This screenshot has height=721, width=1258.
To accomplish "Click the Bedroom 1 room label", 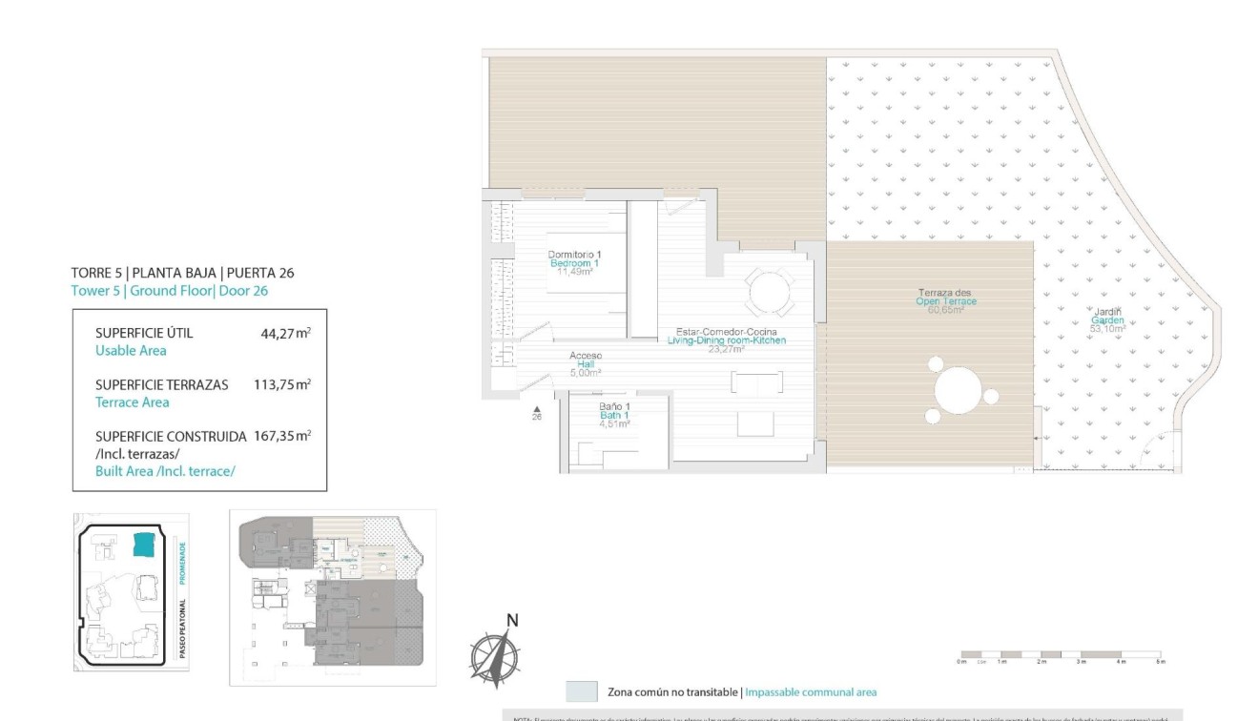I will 574,262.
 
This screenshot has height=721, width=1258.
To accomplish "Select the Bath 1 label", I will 614,415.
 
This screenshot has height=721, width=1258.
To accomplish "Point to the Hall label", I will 586,364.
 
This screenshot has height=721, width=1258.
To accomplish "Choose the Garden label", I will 1107,320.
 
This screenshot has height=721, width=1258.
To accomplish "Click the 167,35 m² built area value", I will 282,436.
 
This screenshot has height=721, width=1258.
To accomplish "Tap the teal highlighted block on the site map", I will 144,545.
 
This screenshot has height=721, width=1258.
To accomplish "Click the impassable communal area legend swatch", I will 581,691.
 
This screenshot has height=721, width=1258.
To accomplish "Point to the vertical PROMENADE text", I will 182,564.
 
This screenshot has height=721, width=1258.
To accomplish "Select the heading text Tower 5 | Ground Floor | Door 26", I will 169,291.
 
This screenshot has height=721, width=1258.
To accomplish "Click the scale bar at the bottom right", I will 1060,656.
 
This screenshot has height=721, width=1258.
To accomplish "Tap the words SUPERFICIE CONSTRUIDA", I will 171,436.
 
